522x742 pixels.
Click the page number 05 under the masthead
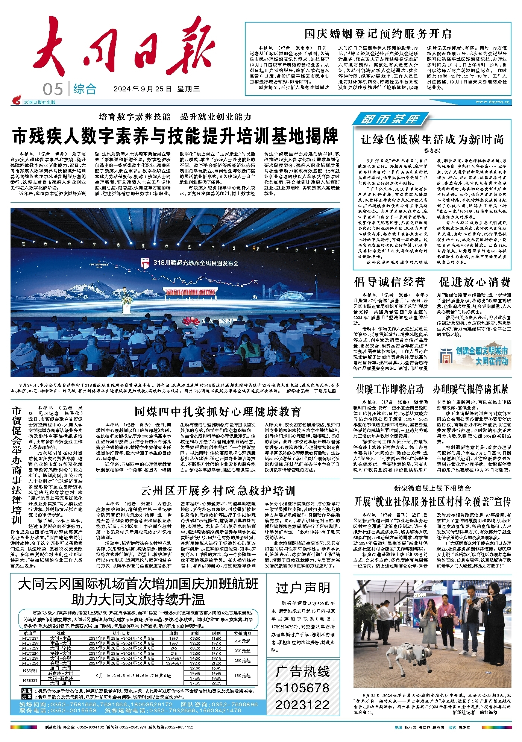tap(53, 90)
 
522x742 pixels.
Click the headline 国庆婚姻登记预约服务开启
tap(378, 34)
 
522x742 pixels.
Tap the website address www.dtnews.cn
tap(493, 102)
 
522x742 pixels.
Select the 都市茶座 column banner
tap(390, 120)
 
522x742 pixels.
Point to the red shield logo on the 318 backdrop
tap(145, 263)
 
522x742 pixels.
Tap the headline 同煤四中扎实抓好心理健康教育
tap(218, 412)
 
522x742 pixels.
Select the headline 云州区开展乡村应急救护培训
tap(218, 491)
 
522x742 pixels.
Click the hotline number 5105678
tap(302, 688)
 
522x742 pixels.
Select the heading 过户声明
tap(303, 588)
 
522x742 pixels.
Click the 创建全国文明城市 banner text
tap(482, 351)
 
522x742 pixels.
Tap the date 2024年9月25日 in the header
tap(143, 89)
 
